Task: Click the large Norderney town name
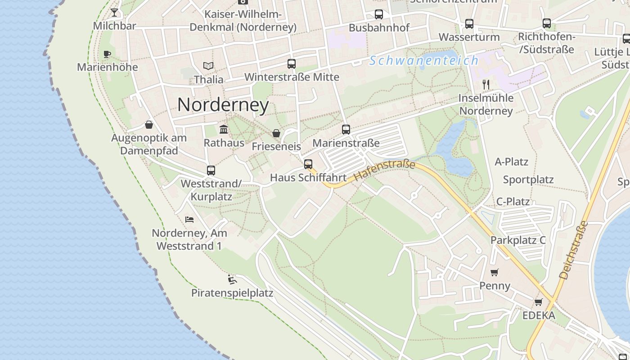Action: (223, 105)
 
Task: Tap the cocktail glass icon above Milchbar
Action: (114, 12)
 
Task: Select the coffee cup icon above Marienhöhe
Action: (107, 54)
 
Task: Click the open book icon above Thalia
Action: (208, 66)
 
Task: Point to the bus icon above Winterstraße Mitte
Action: (292, 64)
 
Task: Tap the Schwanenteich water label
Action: (424, 61)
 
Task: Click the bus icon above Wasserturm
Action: (469, 24)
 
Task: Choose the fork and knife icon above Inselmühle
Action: (486, 84)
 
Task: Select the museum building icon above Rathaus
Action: (224, 130)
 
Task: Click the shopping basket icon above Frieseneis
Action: (276, 133)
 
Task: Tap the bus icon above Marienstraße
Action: (346, 130)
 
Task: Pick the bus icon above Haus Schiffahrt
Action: (308, 164)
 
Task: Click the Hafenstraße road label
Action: (385, 171)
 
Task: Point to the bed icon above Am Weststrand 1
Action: (189, 220)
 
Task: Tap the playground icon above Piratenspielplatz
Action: (232, 279)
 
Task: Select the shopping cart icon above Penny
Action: (495, 272)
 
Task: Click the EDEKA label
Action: (539, 315)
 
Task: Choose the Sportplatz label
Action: (528, 180)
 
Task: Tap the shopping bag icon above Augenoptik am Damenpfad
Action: (149, 125)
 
